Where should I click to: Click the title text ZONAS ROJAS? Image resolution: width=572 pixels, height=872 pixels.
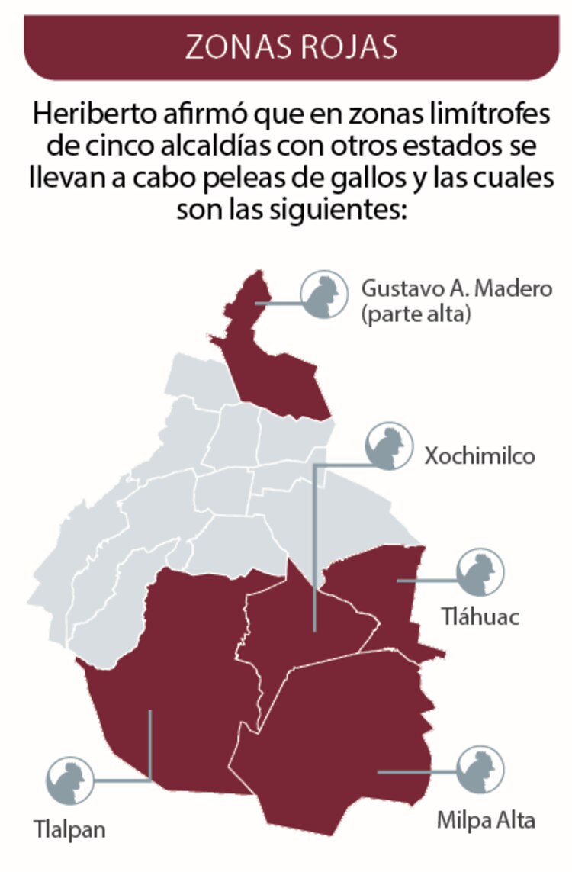pos(291,47)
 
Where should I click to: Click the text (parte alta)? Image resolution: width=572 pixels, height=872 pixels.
pos(412,314)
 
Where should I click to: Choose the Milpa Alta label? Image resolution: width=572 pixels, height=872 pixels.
pos(486,820)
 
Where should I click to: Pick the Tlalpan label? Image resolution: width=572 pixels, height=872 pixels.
pos(69,829)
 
